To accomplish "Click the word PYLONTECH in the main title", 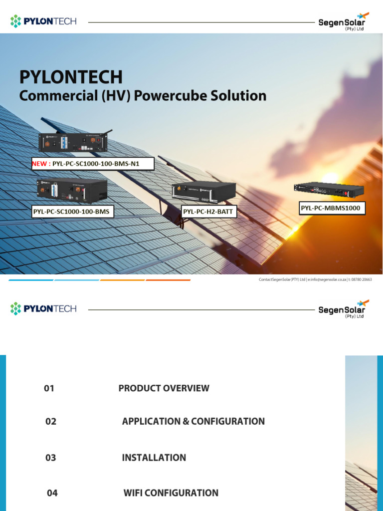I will point(70,77).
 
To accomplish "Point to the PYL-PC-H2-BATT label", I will point(208,212).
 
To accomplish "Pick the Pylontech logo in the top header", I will point(43,21).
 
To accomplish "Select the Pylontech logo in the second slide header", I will point(43,308).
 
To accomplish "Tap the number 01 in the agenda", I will point(49,388).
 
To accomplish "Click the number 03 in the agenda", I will point(51,458).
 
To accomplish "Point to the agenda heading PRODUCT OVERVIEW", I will point(164,388).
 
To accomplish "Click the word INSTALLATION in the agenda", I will point(154,458).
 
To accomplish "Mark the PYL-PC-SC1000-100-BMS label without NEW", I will point(71,212).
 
